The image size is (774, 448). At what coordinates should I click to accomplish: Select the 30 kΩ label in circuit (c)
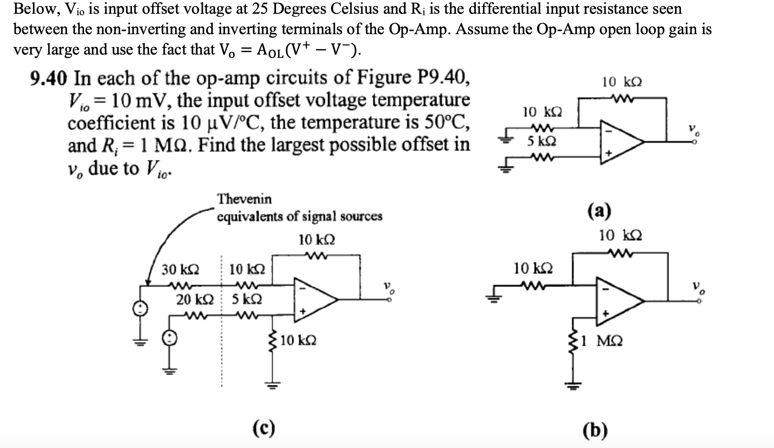coord(180,270)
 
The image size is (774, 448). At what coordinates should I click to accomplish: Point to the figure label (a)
coord(599,211)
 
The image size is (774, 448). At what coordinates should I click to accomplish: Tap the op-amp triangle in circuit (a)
coord(620,141)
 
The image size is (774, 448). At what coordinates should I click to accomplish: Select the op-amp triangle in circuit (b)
coord(620,301)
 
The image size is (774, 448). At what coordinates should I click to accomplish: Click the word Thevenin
coord(244,198)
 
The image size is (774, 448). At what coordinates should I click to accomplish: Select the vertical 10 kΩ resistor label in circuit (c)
coord(298,341)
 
